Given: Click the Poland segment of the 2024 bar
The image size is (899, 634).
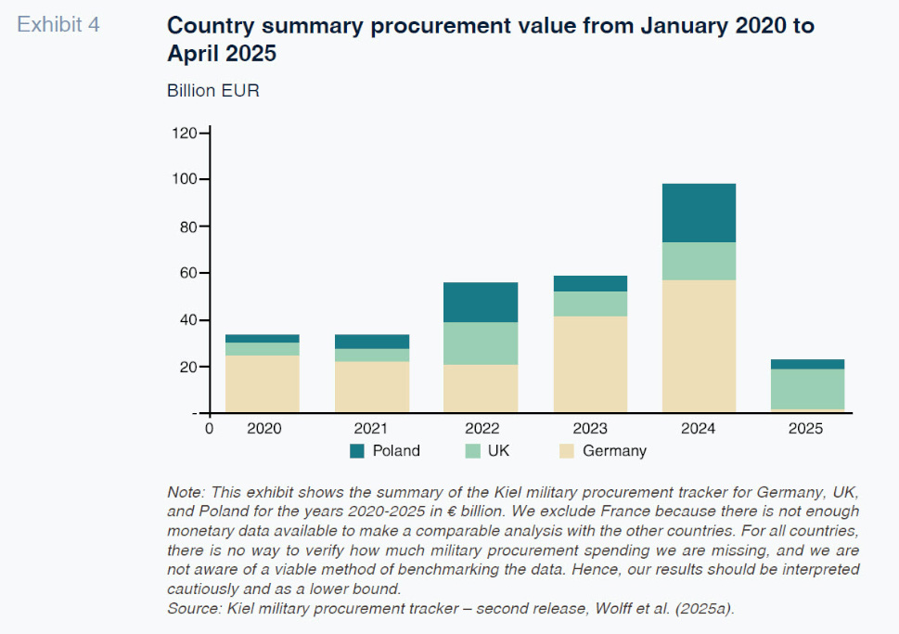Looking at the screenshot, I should (699, 213).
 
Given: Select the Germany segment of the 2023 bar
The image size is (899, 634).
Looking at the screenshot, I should (590, 364).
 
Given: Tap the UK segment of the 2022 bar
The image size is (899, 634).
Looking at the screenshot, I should (481, 343).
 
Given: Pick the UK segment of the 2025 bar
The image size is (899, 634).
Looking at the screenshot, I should (808, 389).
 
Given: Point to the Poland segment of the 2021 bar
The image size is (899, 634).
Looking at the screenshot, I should (372, 342).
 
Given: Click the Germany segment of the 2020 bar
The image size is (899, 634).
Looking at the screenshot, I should (263, 383).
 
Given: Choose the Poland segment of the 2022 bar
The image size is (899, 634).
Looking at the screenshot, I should (481, 302).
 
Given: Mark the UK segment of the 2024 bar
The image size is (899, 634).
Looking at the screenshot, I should (699, 261).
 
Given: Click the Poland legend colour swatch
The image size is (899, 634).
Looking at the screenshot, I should (357, 451).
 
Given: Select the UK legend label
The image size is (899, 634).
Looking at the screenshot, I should (498, 451).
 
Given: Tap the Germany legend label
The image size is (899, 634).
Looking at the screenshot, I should (614, 451).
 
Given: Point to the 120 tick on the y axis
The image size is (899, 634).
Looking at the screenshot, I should (185, 133).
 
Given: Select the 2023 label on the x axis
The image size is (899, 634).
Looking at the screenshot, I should (590, 429).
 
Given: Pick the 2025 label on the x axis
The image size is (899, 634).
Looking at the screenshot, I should (805, 429).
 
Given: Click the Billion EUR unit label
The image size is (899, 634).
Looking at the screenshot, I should (213, 91).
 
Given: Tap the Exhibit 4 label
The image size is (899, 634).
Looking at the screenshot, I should (59, 25).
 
